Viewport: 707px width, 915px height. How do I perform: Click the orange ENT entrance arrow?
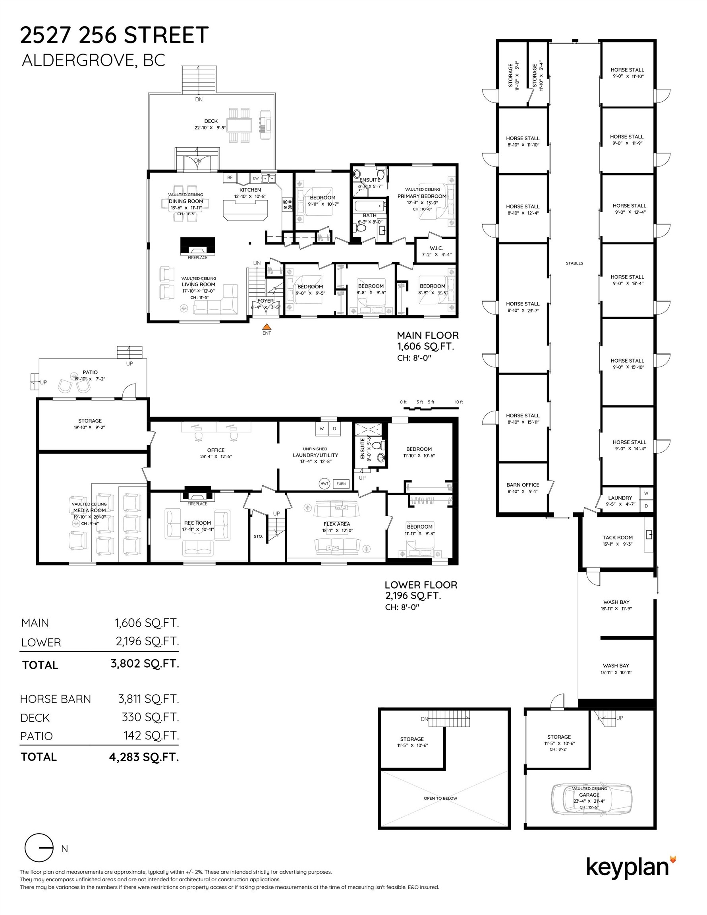tap(267, 327)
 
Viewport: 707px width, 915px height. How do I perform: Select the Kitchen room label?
tap(250, 190)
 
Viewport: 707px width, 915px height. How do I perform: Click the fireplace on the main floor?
tap(197, 246)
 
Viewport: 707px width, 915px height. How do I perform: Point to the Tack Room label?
tap(617, 537)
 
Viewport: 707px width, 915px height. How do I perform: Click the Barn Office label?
tap(523, 485)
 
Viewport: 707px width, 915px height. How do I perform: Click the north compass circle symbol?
tap(39, 847)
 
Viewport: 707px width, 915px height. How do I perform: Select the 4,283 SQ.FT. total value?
tap(144, 757)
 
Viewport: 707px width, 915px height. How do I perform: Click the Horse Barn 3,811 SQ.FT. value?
tap(149, 699)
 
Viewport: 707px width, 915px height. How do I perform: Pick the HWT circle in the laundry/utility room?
tap(325, 483)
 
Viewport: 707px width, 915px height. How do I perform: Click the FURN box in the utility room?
tap(341, 483)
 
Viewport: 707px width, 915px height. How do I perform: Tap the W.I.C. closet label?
tap(436, 248)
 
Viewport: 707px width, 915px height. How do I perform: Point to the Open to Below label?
tap(440, 798)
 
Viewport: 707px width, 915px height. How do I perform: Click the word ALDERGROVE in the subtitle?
tap(78, 60)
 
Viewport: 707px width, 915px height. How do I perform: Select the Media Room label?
tap(89, 510)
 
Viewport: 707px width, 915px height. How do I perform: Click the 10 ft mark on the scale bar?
tap(459, 402)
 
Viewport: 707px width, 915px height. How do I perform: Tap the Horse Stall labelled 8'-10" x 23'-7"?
tap(523, 307)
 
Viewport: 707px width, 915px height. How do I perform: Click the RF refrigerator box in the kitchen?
tap(230, 178)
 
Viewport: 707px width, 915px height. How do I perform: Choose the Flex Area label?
tap(336, 524)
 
